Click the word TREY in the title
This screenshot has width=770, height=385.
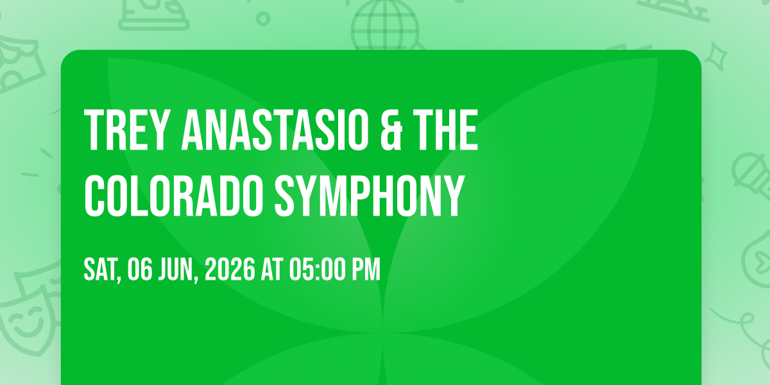point(126,130)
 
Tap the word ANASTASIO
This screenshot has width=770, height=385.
point(275,130)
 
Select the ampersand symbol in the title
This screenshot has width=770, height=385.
point(391,130)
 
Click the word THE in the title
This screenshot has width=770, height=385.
point(445,130)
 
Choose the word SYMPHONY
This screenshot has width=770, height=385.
point(370,196)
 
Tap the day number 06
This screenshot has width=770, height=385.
point(140,269)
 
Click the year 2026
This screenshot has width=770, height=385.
point(230,269)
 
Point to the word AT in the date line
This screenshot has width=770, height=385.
point(272,269)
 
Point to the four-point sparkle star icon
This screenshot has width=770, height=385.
point(716,56)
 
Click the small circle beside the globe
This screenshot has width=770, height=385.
point(263,19)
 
